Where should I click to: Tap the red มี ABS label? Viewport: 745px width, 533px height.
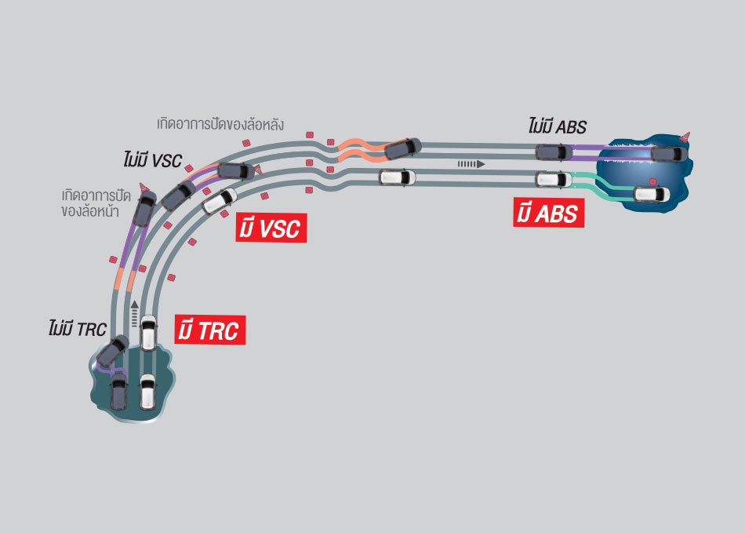point(549,213)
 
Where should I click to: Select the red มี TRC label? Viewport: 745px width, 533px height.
point(209,330)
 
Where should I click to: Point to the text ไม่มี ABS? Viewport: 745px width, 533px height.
point(557,127)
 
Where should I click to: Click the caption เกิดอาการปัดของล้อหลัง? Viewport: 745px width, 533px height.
point(220,124)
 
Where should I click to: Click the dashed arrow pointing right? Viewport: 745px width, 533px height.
point(471,164)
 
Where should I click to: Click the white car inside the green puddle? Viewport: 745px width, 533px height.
point(147,391)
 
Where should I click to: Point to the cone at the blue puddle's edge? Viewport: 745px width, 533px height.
point(688,137)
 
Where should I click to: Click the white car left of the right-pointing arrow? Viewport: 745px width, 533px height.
point(397,177)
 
